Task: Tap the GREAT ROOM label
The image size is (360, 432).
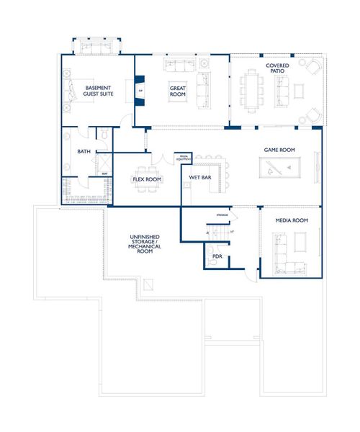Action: tap(178, 91)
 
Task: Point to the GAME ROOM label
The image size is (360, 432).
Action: tap(281, 150)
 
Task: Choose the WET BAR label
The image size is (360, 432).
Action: tap(199, 177)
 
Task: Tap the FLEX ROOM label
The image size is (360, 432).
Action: tap(146, 178)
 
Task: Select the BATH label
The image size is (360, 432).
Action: tap(84, 152)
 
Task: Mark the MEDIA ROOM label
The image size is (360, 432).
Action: tap(292, 220)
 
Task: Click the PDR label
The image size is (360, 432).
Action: tap(217, 255)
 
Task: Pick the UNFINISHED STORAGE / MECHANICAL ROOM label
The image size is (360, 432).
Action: tap(145, 246)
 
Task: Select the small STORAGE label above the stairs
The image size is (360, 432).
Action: tap(222, 215)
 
